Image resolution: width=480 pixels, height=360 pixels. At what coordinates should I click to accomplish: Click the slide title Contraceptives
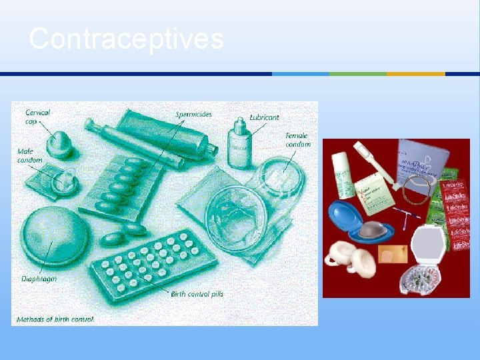(126, 39)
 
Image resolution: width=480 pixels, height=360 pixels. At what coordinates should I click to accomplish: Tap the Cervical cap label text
(37, 117)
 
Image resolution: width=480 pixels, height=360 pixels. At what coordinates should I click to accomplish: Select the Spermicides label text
(193, 114)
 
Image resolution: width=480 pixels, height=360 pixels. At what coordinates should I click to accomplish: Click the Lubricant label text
(264, 117)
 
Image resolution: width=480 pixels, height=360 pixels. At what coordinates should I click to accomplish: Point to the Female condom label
(297, 140)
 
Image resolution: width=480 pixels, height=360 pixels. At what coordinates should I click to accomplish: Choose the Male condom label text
(30, 156)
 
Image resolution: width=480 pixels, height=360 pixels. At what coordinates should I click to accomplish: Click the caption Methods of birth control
(55, 319)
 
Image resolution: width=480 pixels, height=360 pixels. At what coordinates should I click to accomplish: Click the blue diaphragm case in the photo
(349, 221)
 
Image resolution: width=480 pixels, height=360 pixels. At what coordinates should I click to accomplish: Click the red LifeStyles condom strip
(457, 213)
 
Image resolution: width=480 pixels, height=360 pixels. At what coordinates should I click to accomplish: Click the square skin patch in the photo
(387, 257)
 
